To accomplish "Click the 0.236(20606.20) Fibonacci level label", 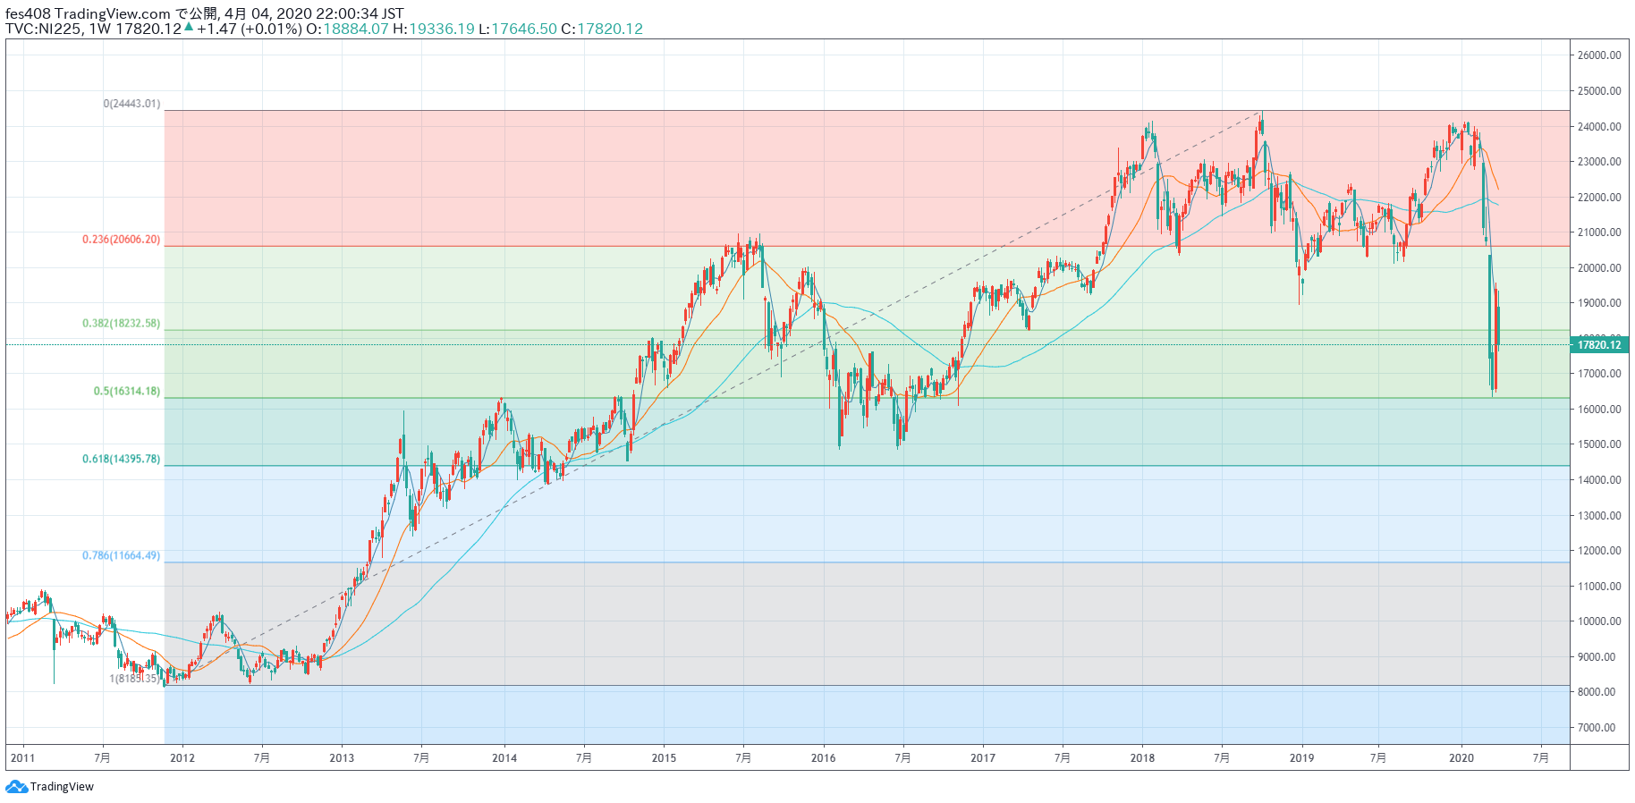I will click(x=122, y=240).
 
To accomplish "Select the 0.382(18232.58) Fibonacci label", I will click(x=122, y=324).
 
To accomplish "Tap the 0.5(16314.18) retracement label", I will click(x=127, y=392).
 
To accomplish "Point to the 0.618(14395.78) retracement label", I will click(x=122, y=460).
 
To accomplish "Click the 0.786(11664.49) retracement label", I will click(x=122, y=556).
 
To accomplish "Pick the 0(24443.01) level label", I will click(x=131, y=104).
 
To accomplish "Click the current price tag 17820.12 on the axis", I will click(x=1598, y=345).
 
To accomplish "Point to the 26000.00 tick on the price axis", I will click(x=1599, y=55).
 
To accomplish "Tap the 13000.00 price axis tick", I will click(x=1599, y=516).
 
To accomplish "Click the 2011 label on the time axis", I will click(x=22, y=758).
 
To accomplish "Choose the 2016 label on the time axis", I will click(x=823, y=758).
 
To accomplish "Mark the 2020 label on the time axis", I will click(x=1461, y=758).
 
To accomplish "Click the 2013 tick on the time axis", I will click(x=342, y=758).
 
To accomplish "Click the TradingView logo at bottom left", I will click(x=50, y=787).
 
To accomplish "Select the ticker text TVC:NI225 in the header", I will click(x=43, y=29).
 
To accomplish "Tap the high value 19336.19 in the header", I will click(x=442, y=29).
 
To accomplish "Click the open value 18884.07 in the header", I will click(x=356, y=29).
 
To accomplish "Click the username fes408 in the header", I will click(x=27, y=13).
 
